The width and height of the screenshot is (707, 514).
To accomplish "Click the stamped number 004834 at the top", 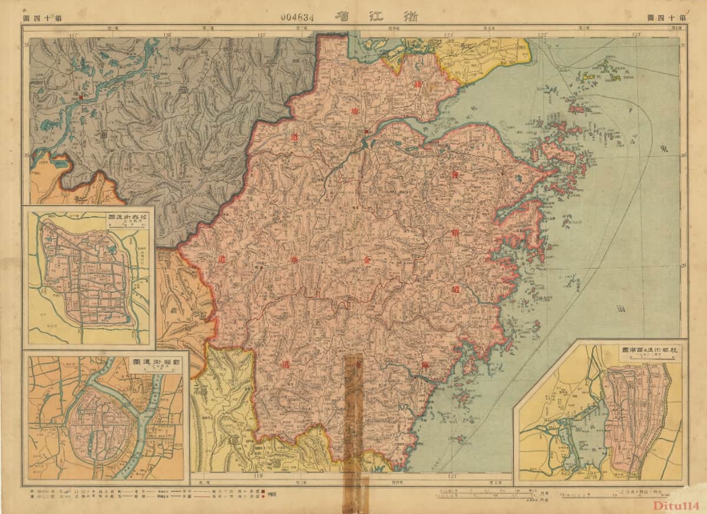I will [x=298, y=17].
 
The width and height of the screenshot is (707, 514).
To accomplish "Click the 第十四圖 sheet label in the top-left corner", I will [x=42, y=18].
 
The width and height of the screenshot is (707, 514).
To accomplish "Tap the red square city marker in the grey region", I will [x=80, y=94].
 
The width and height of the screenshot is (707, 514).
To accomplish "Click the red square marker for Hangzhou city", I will [x=366, y=131].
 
